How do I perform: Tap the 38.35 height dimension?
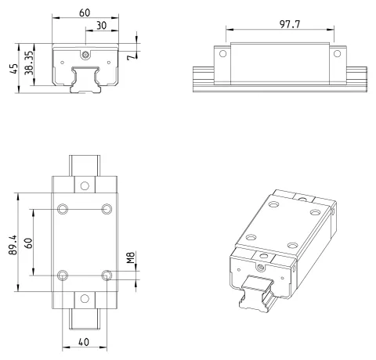point(29,63)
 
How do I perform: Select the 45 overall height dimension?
point(14,69)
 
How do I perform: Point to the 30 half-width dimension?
point(102,25)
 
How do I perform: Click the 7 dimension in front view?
point(132,56)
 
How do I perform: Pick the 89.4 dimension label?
point(13,245)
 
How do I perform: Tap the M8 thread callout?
point(131,257)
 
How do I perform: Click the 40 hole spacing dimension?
point(84,342)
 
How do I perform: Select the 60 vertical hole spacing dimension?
point(28,243)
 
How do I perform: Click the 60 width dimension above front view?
point(85,13)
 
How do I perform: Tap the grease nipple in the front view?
point(85,55)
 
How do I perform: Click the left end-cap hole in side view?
point(222,54)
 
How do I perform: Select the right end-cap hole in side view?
point(337,54)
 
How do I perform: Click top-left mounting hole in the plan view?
point(63,209)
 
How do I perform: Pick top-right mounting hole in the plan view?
point(107,209)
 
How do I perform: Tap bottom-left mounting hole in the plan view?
point(63,275)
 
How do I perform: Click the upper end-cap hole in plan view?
point(85,185)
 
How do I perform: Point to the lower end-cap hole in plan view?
point(85,299)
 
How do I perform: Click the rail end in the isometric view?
point(256,293)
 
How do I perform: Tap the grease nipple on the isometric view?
point(260,267)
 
